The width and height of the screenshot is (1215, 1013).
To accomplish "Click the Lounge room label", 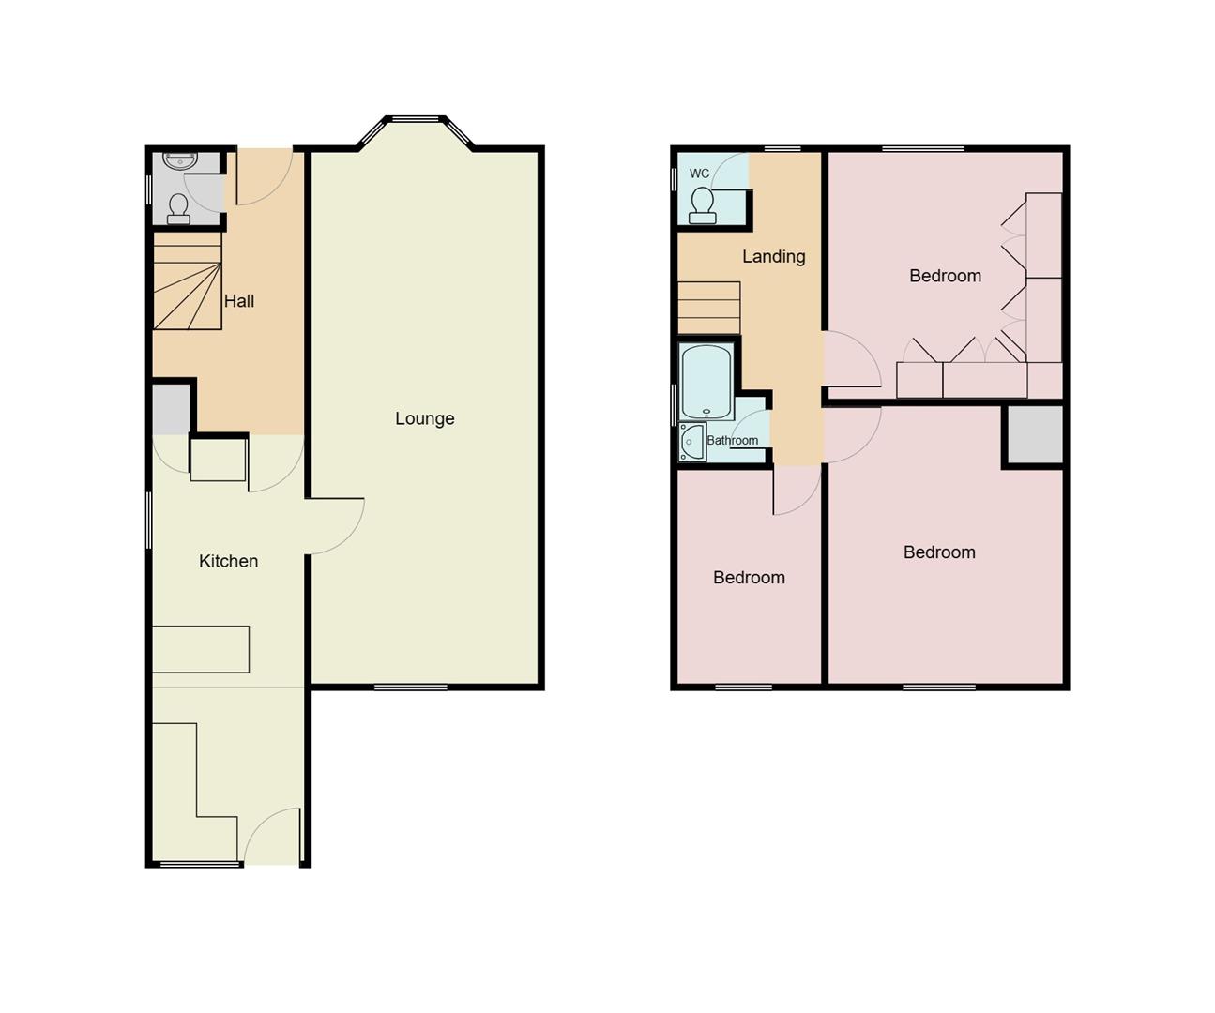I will pyautogui.click(x=424, y=418).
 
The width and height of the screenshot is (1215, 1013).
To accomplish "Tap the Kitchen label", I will pyautogui.click(x=228, y=561).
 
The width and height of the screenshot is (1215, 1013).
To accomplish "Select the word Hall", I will pyautogui.click(x=239, y=301).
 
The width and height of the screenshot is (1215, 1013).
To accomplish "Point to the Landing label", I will pyautogui.click(x=773, y=256).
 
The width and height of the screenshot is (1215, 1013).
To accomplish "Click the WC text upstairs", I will pyautogui.click(x=699, y=174).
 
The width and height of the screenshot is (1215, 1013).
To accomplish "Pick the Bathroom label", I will pyautogui.click(x=732, y=440).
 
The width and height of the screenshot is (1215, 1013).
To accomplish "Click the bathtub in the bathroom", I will pyautogui.click(x=706, y=382).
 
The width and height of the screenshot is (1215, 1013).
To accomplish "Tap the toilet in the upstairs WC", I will pyautogui.click(x=702, y=205).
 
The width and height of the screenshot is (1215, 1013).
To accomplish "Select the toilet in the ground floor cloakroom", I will pyautogui.click(x=178, y=209).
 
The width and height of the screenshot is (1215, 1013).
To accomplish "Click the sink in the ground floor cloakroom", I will pyautogui.click(x=179, y=160).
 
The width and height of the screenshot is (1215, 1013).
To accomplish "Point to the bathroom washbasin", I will pyautogui.click(x=691, y=442).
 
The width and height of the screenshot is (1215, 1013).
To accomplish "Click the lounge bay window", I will pyautogui.click(x=415, y=120).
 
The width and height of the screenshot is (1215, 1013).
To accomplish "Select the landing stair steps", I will pyautogui.click(x=708, y=307).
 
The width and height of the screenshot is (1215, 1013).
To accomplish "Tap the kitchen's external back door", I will pyautogui.click(x=273, y=838).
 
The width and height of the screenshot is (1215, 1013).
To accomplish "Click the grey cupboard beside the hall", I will pyautogui.click(x=171, y=408).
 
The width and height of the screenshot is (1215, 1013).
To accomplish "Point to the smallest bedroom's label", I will pyautogui.click(x=749, y=578).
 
